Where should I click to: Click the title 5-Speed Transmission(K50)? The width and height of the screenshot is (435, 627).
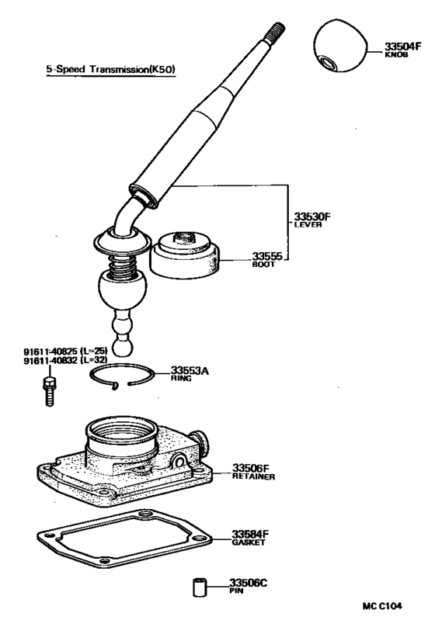click(110, 69)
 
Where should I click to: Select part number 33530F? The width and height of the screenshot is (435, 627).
click(312, 217)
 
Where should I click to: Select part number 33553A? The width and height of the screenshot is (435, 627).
click(190, 372)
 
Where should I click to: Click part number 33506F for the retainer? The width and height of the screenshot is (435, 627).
click(251, 469)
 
